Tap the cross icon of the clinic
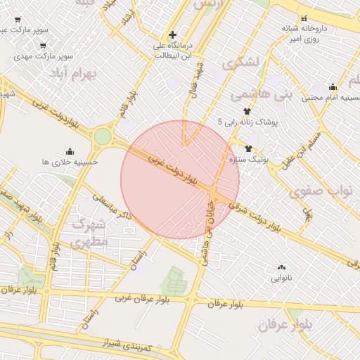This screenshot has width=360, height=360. (x=173, y=34)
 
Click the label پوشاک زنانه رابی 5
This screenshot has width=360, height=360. (x=248, y=122)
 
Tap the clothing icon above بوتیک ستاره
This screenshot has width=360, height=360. (x=248, y=148)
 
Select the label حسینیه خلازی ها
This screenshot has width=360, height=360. (x=70, y=162)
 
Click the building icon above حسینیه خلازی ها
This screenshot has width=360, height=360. (x=70, y=150)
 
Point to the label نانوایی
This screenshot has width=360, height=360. (x=281, y=278)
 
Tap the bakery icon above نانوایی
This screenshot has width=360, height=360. (x=282, y=267)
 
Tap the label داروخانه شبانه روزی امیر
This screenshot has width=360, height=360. (x=304, y=33)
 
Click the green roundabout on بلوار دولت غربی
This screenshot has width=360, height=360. (x=103, y=136)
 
